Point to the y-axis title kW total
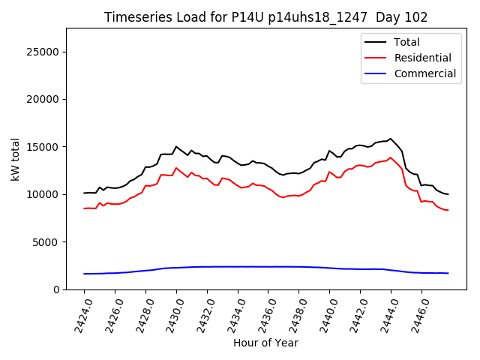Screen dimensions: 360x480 pos(15,159)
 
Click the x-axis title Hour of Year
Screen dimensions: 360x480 pos(265,343)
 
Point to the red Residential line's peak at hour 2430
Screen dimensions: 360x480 pos(176,168)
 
